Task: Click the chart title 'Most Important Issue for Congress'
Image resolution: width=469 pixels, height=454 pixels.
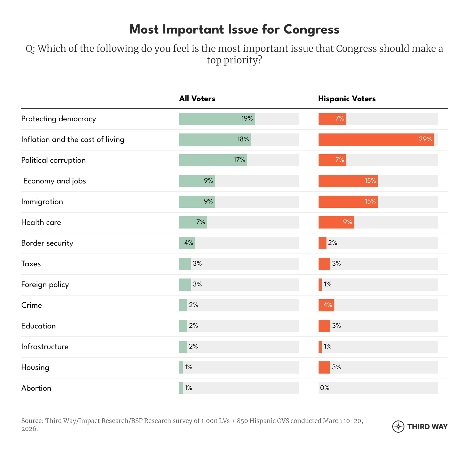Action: (x=234, y=30)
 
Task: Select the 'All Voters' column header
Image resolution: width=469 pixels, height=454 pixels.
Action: (x=197, y=99)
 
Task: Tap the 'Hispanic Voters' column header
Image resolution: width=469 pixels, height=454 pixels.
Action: (x=347, y=99)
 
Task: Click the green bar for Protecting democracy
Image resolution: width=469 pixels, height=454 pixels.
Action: (x=217, y=119)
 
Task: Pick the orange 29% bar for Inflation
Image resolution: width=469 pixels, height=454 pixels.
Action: (x=376, y=140)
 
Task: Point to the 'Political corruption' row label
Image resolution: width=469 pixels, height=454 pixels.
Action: (x=54, y=160)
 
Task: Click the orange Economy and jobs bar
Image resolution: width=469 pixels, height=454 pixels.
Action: (x=348, y=181)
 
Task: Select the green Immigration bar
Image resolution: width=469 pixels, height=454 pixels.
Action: (x=197, y=202)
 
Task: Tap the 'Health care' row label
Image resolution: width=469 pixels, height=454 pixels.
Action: (x=41, y=222)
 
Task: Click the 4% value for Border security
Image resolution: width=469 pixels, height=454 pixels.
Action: (x=189, y=243)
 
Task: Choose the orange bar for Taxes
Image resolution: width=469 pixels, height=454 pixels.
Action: (x=324, y=264)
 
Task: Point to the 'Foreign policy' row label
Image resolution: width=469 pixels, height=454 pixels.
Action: (x=45, y=285)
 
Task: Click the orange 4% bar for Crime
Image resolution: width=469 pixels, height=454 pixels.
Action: (x=326, y=305)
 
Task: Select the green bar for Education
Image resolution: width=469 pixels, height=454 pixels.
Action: (x=183, y=326)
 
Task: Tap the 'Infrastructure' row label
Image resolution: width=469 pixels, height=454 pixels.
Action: (x=45, y=347)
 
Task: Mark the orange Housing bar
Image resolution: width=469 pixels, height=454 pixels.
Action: (x=324, y=367)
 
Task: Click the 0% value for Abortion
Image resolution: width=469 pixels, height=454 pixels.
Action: (x=325, y=388)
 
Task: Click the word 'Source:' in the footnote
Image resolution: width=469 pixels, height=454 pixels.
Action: (x=32, y=421)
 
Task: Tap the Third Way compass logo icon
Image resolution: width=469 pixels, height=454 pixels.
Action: (x=398, y=427)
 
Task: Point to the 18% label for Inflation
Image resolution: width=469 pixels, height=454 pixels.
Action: (x=243, y=139)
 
